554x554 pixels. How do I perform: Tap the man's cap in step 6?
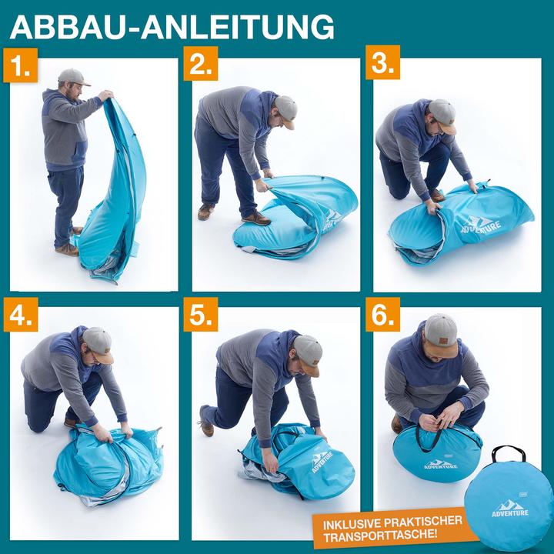440,330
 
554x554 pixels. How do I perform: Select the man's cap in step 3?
443,115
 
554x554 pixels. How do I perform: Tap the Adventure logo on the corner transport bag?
511,508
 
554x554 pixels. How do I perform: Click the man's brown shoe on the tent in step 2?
256,218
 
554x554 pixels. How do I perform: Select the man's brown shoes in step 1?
68,248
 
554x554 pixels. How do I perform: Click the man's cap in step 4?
98,343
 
